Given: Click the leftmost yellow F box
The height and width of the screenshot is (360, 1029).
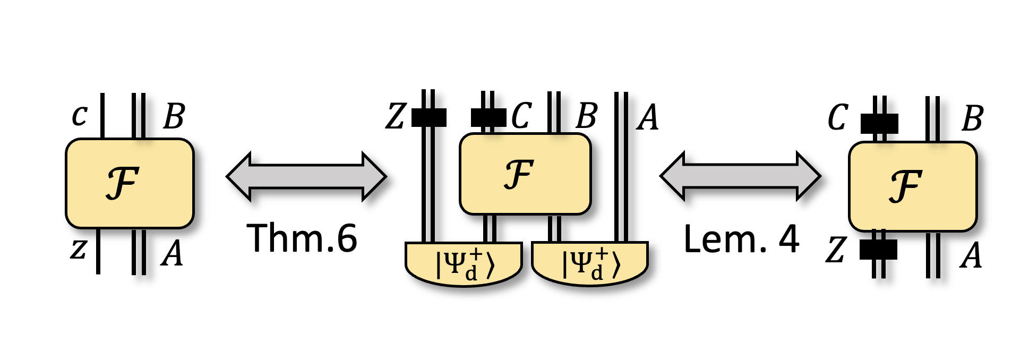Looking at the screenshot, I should click(x=130, y=183).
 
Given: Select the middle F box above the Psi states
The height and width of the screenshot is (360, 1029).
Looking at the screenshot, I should click(x=525, y=174).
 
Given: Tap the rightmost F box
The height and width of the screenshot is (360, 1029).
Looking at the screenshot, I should click(x=912, y=186).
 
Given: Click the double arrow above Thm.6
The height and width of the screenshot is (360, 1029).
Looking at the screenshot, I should click(x=306, y=177).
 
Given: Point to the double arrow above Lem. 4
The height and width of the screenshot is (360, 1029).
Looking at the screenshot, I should click(x=740, y=176).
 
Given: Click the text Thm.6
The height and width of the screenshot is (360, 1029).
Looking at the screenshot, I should click(x=302, y=238).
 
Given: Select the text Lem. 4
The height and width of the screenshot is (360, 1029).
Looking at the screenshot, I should click(x=741, y=239).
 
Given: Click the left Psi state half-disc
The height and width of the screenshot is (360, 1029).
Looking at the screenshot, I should click(x=464, y=264).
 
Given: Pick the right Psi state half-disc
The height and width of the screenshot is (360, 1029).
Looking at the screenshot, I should click(x=589, y=264).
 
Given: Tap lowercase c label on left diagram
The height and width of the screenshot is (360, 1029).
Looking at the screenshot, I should click(x=80, y=115).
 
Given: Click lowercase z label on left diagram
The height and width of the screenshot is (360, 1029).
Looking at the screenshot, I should click(x=78, y=249).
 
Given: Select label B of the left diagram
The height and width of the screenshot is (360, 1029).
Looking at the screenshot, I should click(x=174, y=116).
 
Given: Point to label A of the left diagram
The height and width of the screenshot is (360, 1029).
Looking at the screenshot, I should click(x=172, y=253).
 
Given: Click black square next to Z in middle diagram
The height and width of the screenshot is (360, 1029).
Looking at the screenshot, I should click(x=428, y=117).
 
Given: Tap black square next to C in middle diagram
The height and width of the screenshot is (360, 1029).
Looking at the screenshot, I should click(x=487, y=117).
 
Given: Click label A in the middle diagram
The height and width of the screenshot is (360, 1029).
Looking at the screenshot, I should click(x=648, y=117).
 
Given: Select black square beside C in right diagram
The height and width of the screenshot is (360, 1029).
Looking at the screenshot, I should click(x=879, y=124).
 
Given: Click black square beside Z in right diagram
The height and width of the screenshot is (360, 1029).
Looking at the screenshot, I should click(x=878, y=250).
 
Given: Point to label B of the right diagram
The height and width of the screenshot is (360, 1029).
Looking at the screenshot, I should click(x=972, y=118).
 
